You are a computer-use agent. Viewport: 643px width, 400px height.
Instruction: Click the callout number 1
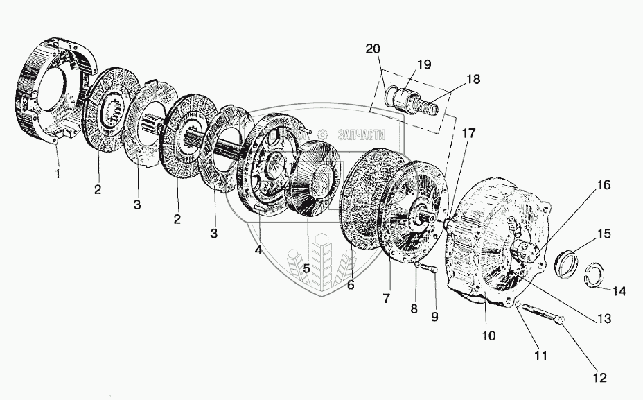tap(58, 174)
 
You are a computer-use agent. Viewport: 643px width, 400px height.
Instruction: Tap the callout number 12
tap(599, 378)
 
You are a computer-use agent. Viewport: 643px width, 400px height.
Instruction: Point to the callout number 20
tap(373, 49)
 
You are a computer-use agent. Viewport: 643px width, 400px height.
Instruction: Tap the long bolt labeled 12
tap(543, 315)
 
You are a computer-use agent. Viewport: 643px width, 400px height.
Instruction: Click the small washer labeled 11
tap(517, 303)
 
